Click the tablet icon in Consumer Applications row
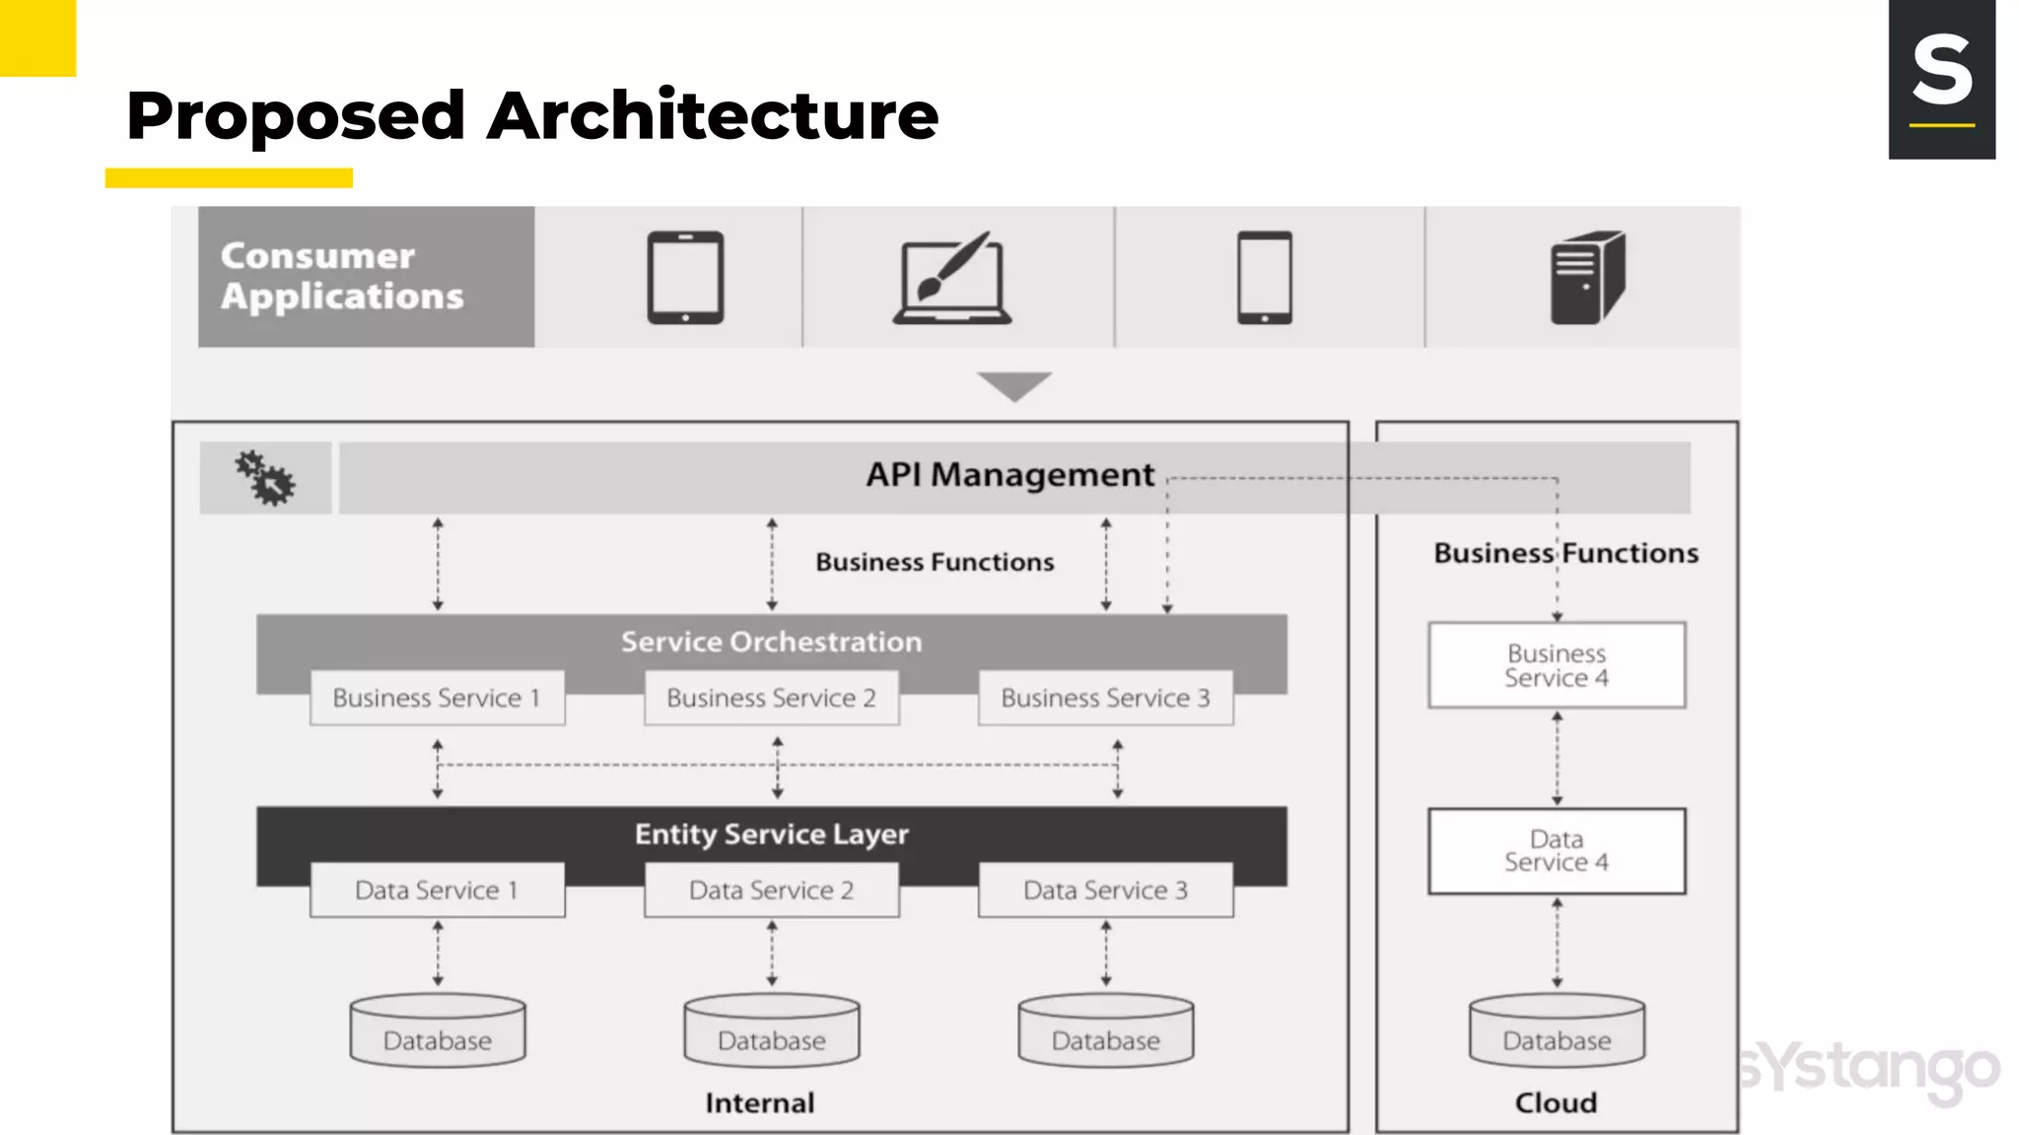point(685,277)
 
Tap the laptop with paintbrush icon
point(952,279)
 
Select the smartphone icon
point(1265,277)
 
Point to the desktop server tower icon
point(1586,278)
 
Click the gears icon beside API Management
point(265,479)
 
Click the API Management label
point(1009,475)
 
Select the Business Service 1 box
point(437,699)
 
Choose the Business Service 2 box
point(771,699)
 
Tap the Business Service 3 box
point(1105,699)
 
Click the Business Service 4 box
point(1557,666)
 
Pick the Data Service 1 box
point(437,891)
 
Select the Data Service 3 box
point(1105,891)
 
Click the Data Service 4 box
point(1557,851)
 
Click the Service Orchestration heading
point(771,642)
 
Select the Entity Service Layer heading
point(771,835)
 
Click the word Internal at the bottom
point(759,1102)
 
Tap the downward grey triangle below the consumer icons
point(1014,384)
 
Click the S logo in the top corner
point(1941,79)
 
